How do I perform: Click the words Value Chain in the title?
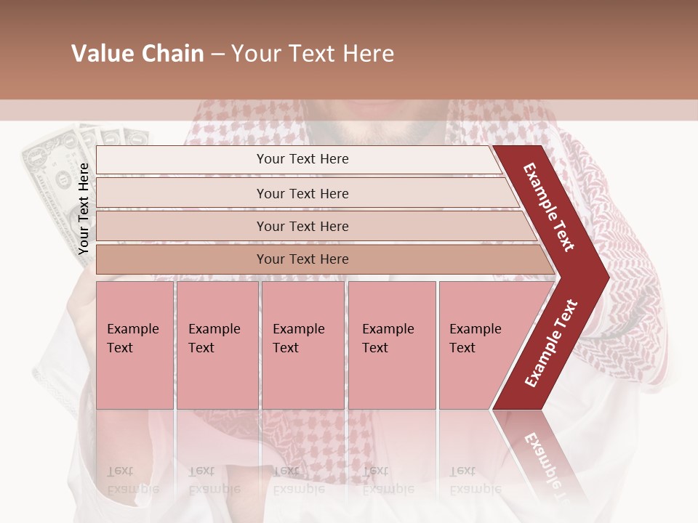point(137,54)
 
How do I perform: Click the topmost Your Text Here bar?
point(302,159)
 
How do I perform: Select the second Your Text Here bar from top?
point(302,193)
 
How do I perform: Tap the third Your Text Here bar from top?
point(302,226)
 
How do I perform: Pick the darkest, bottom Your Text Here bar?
point(302,259)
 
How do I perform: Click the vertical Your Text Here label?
point(84,208)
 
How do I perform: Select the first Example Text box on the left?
point(135,344)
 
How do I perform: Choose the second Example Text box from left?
point(217,344)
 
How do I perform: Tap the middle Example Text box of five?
point(302,344)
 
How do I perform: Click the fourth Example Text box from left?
point(392,344)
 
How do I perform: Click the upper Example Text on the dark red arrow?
point(549,207)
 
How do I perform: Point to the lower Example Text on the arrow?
point(550,344)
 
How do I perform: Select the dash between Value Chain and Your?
point(217,54)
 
